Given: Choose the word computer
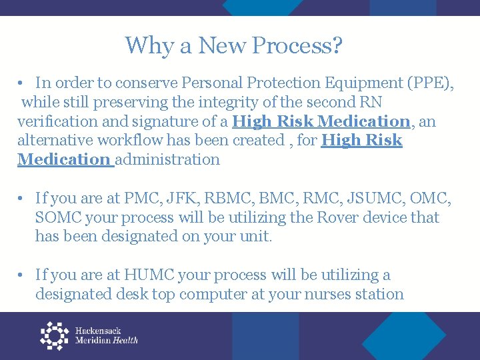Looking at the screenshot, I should [x=227, y=294].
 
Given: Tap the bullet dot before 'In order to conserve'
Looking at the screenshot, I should [x=22, y=83].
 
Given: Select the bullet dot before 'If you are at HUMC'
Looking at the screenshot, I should [x=22, y=275].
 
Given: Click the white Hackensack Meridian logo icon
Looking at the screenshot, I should [x=54, y=336].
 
